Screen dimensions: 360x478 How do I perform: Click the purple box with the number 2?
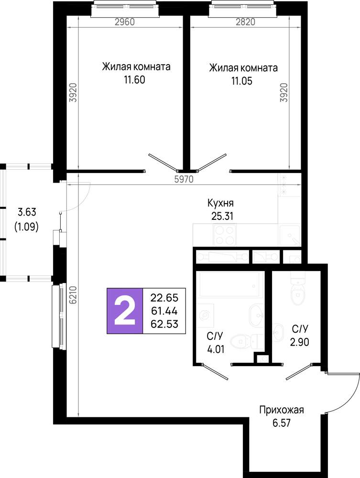tap(125, 311)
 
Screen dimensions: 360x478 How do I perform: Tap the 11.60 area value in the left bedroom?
tap(134, 80)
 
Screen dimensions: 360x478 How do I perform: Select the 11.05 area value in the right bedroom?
tap(242, 81)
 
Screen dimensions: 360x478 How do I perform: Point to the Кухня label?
tap(220, 203)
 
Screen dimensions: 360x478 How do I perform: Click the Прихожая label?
tap(282, 410)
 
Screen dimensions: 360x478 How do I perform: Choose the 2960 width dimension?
tap(125, 22)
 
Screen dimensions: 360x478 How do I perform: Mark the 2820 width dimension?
tap(245, 22)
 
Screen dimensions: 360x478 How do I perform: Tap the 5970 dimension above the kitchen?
tap(184, 179)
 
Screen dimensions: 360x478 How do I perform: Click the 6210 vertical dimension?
tap(73, 295)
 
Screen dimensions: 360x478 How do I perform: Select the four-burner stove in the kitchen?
tap(225, 235)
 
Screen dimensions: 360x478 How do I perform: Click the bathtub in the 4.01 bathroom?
tap(231, 284)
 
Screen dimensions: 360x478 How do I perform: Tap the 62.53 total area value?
tap(164, 324)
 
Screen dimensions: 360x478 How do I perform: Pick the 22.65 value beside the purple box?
tap(164, 297)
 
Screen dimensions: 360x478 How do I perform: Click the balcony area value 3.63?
tap(27, 212)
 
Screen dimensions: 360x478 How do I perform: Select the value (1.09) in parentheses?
tap(26, 227)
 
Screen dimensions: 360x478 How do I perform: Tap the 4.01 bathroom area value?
tap(216, 349)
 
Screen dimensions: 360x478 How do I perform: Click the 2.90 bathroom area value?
tap(299, 342)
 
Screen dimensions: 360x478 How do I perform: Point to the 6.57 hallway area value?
tap(282, 423)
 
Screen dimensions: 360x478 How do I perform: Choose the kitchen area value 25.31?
tap(222, 216)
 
